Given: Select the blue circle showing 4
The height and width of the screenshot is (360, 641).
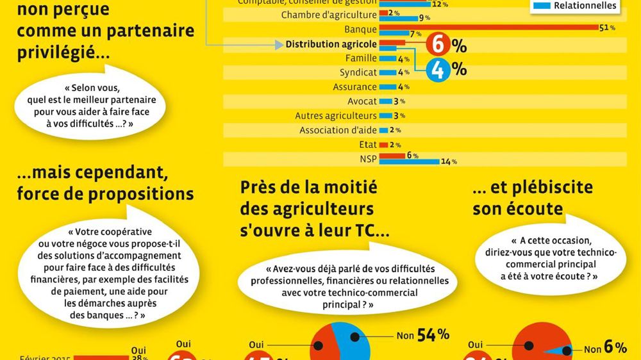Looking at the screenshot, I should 438,70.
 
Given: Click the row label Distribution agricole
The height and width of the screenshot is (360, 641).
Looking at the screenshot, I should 331,44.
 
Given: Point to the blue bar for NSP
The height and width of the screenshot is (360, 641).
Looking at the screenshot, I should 409,161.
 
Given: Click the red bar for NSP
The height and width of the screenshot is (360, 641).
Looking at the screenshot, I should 392,155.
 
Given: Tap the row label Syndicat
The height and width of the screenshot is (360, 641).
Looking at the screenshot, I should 358,72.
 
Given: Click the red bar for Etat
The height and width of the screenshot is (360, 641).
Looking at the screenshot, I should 383,145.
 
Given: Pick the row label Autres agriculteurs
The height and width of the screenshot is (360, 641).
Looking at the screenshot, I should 336,116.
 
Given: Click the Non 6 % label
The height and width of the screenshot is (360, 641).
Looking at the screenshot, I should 605,348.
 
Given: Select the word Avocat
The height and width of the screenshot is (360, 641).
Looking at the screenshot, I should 362,101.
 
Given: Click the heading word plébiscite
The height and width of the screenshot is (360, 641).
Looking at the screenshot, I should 541,188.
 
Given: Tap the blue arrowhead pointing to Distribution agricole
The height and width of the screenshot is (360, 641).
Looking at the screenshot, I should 279,44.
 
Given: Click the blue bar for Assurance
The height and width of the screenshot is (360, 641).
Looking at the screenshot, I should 387,87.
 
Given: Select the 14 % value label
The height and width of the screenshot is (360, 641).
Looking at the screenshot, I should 449,161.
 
